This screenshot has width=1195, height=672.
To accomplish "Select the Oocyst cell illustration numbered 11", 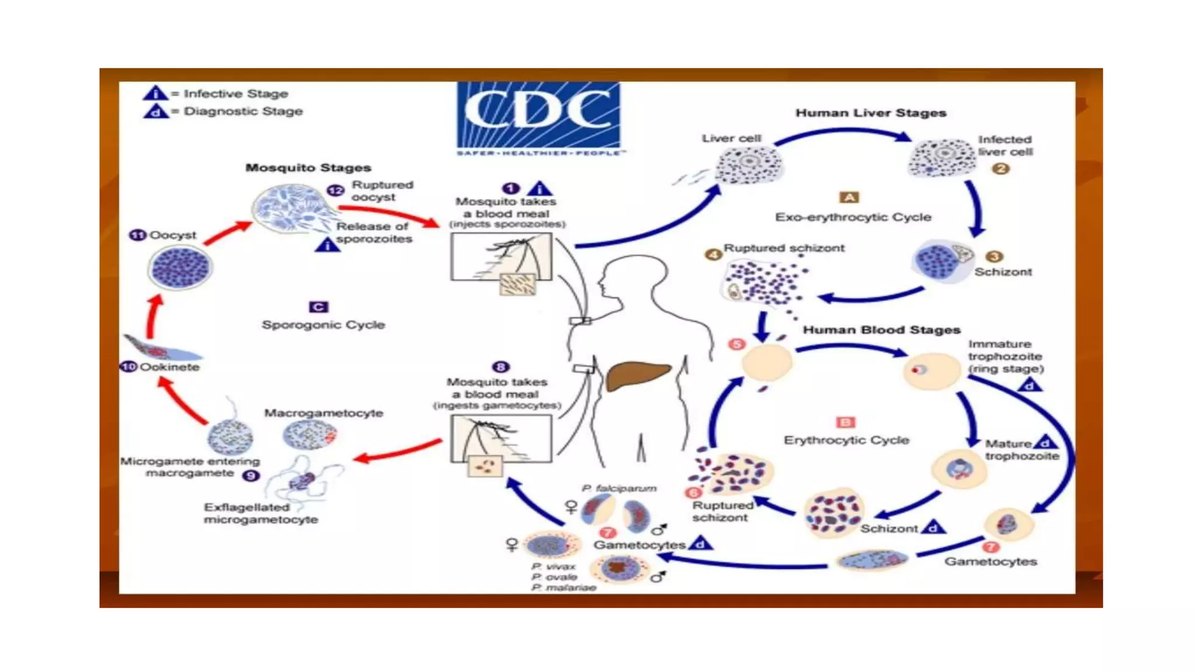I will [x=180, y=268].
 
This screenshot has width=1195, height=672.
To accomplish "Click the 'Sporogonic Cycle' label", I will [x=323, y=325].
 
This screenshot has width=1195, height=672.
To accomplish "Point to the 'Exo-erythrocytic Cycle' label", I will [x=852, y=217].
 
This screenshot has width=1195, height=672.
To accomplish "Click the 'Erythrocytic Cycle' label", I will [x=846, y=440].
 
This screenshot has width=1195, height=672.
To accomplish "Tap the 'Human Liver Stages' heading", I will [x=871, y=113].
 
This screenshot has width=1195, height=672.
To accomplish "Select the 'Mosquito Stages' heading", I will [x=308, y=167].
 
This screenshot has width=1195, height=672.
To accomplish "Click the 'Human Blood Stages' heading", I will [x=881, y=330].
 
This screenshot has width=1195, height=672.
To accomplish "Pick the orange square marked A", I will [x=849, y=197].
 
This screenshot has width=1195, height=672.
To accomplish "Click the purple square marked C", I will [x=318, y=307].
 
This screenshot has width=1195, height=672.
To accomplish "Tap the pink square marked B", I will [x=845, y=422].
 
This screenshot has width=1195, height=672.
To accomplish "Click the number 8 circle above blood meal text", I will [x=501, y=367].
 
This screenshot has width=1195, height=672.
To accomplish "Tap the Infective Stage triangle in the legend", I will [x=155, y=93].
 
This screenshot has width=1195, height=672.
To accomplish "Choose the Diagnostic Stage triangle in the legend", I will [x=155, y=111].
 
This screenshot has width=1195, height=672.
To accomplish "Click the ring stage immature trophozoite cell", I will [x=931, y=370].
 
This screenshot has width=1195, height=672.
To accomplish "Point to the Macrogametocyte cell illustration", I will [x=309, y=435].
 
